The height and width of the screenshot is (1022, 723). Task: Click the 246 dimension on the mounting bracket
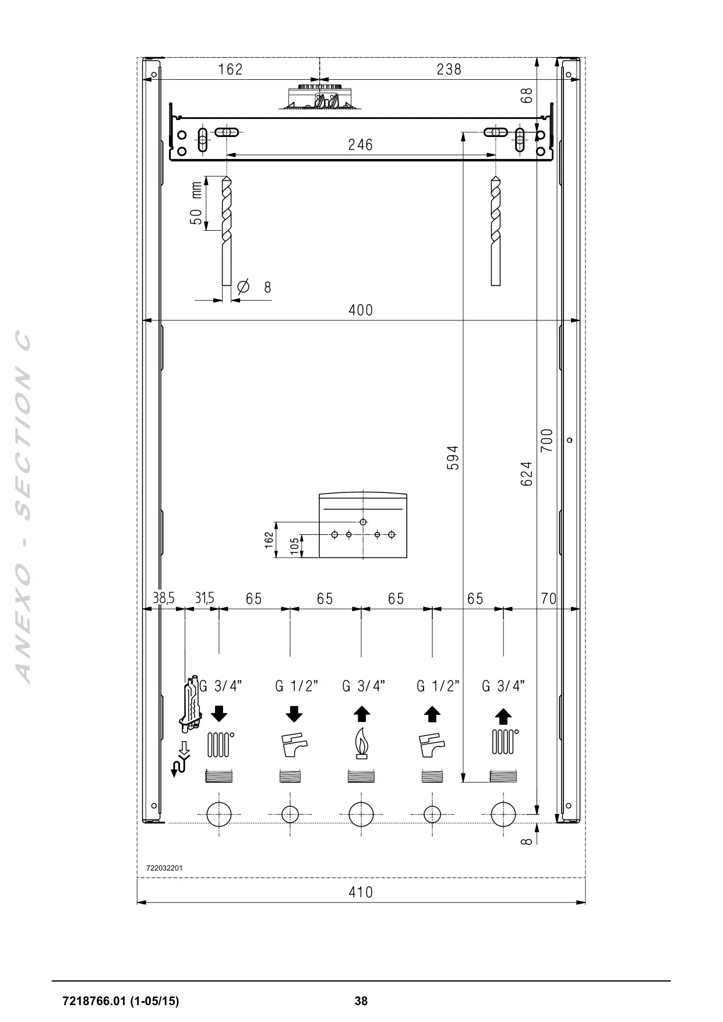[x=360, y=145]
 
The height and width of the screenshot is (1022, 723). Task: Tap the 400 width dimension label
[x=361, y=310]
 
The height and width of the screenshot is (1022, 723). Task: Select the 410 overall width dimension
[x=361, y=892]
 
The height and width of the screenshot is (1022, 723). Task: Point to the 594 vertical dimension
[x=453, y=458]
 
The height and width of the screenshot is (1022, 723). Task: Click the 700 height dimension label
[x=546, y=441]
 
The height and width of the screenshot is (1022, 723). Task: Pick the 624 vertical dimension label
[x=526, y=474]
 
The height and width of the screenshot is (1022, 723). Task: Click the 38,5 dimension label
[x=163, y=598]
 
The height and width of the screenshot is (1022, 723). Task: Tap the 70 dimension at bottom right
[x=548, y=598]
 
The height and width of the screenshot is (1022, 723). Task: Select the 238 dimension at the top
[x=449, y=69]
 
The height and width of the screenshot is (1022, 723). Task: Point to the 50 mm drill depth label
[x=196, y=203]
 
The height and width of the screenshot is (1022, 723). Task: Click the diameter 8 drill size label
[x=255, y=287]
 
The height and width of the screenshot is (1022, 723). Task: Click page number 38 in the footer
[x=361, y=1001]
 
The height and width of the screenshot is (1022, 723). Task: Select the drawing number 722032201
[x=164, y=868]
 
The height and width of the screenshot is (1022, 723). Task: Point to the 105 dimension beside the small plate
[x=295, y=545]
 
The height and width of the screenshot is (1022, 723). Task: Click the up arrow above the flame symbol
[x=362, y=714]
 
